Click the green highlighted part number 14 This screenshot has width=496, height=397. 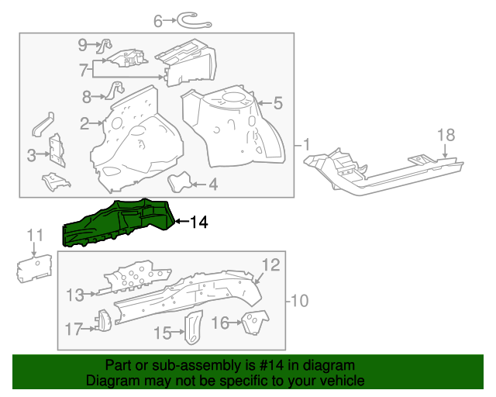116,223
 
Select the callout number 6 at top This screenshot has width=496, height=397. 158,21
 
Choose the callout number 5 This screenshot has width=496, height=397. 277,102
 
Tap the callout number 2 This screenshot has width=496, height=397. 84,123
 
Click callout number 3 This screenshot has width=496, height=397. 32,156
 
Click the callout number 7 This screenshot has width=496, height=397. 84,70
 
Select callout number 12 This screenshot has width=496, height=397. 268,266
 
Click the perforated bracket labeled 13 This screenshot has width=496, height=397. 139,279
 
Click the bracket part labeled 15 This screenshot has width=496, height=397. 191,326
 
